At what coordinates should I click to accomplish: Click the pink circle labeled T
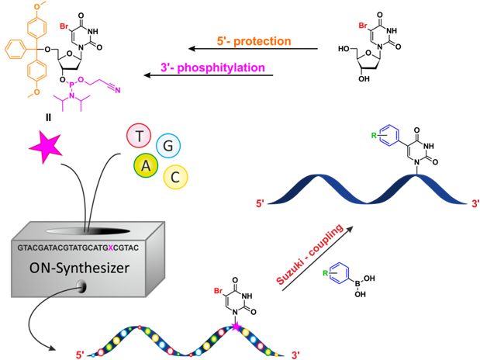coord(139,136)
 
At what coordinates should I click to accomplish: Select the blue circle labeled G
coord(168,146)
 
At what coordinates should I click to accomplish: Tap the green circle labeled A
coord(146,165)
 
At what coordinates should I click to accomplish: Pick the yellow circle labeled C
coord(175,177)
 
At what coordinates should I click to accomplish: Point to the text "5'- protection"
coord(254,41)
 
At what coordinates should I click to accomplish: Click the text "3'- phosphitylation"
coord(212,67)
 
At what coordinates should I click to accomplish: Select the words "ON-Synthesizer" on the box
coord(79,268)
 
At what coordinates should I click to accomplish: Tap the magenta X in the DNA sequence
coord(111,247)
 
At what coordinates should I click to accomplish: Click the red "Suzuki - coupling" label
coord(309,255)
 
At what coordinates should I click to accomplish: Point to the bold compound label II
coord(48,117)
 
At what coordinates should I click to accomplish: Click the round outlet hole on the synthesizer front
coord(82,287)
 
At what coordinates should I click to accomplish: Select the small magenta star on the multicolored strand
coord(236,327)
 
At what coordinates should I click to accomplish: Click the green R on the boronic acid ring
coord(326,273)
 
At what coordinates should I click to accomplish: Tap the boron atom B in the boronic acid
coord(357,284)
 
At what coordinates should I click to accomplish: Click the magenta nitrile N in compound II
coord(118,90)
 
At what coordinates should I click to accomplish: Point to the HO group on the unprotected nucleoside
coord(344,49)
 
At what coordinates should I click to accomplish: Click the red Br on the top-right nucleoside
coord(364,26)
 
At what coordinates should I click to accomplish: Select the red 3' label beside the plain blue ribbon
coord(475,203)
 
